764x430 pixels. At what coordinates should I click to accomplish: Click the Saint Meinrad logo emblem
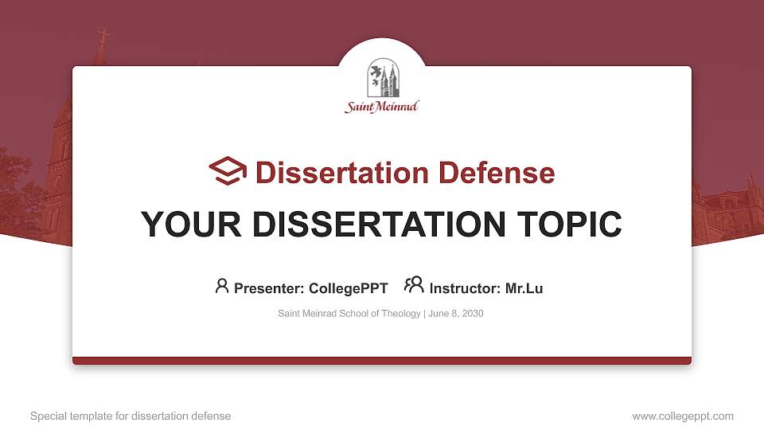tap(382, 79)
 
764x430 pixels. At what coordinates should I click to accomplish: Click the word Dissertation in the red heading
tap(335, 173)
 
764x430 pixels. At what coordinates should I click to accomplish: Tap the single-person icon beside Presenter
tap(222, 287)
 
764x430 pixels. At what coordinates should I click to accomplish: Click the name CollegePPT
tap(348, 288)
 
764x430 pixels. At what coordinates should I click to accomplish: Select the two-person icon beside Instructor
tap(413, 286)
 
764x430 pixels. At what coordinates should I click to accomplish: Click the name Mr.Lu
tap(524, 288)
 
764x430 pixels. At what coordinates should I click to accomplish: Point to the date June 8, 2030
tap(456, 314)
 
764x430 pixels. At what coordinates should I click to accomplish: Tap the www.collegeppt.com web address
tap(683, 416)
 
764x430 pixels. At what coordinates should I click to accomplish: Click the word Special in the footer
tap(47, 416)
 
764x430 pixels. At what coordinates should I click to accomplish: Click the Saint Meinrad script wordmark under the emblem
tap(382, 107)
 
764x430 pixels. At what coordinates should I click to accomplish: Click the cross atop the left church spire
tap(102, 37)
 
